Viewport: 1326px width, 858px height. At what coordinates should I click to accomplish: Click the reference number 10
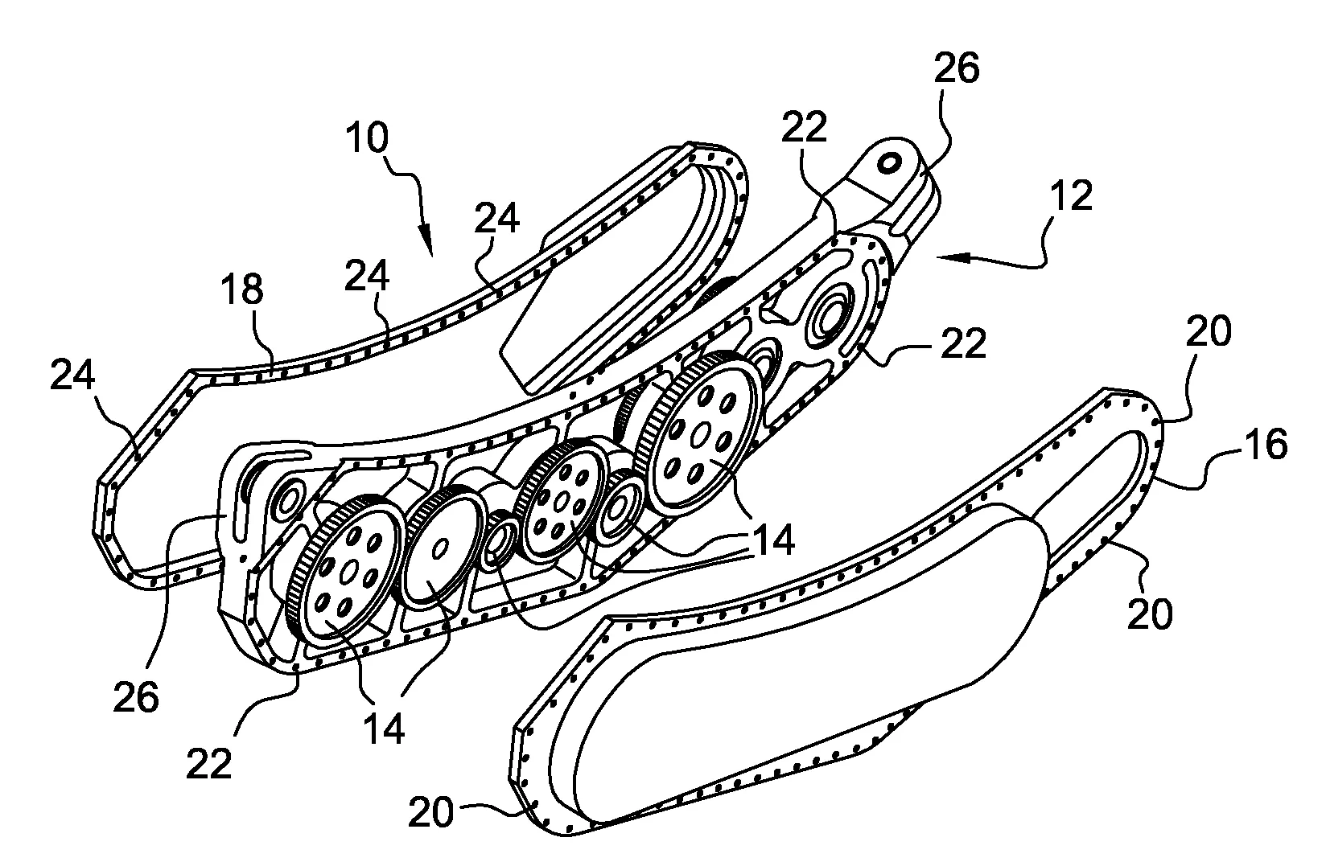(x=368, y=140)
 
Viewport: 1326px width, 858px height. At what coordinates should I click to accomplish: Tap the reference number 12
(x=1071, y=195)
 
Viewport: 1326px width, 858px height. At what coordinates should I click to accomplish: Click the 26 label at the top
(x=957, y=69)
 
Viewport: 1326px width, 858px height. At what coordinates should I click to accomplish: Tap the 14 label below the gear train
(x=384, y=730)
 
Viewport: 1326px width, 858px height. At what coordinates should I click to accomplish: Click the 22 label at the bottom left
(x=209, y=763)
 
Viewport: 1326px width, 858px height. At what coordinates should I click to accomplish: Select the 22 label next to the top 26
(x=805, y=127)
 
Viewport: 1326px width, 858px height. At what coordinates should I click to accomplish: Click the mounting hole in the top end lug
(x=890, y=162)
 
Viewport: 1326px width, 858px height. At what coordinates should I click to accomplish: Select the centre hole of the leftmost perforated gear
(x=348, y=572)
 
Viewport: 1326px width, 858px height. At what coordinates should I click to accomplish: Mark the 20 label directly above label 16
(x=1209, y=331)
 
